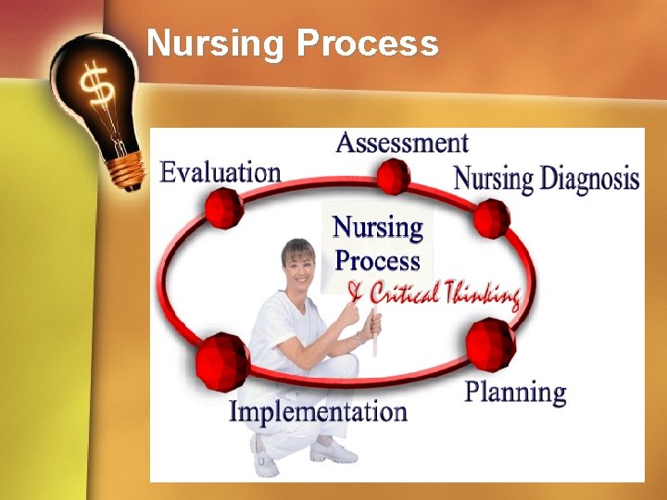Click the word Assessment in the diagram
coord(402,143)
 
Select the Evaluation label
coord(220,172)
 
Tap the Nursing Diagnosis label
coord(547,178)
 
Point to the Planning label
coord(515,392)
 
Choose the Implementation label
coord(318,411)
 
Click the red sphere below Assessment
coord(394,176)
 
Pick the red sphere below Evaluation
coord(224,207)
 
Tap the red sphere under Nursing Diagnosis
coord(491,219)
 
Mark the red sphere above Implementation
coord(222,361)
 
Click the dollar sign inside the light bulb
coord(96,89)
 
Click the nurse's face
coord(298,268)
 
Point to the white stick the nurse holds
coord(375,335)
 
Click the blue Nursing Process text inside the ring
coord(378,244)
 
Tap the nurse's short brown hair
coord(297,247)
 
